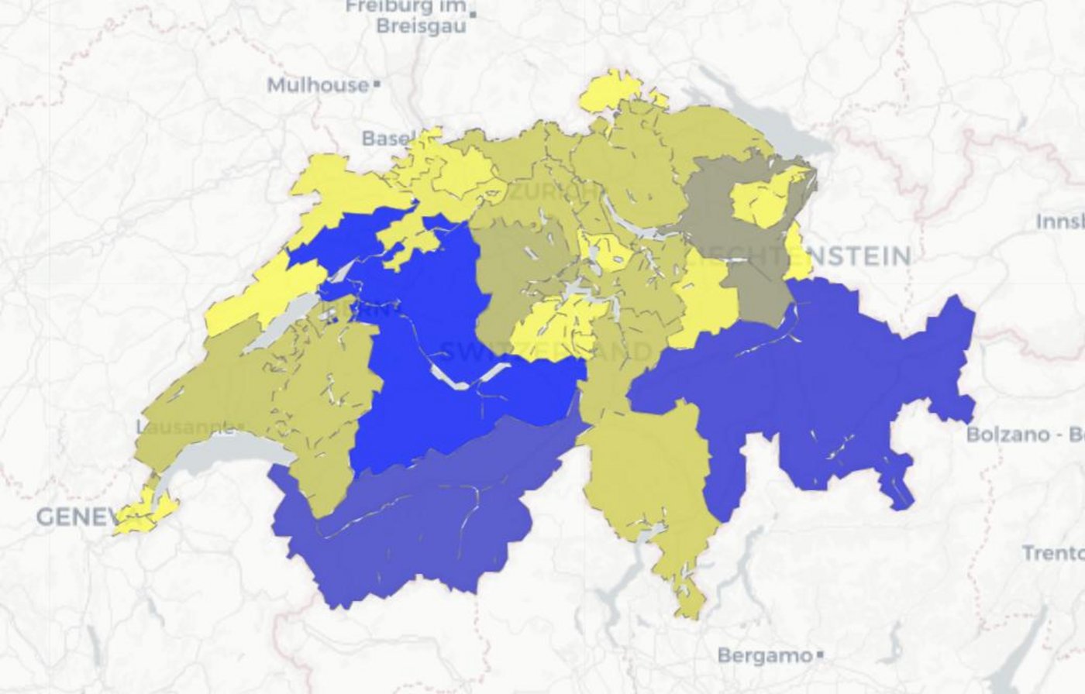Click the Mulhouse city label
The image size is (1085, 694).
(x=318, y=84)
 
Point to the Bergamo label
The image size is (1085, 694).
(x=764, y=655)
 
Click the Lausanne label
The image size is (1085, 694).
(x=184, y=427)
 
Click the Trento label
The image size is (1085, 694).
(x=1052, y=553)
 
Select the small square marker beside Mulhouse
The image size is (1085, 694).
(x=377, y=83)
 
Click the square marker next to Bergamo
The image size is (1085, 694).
(x=820, y=655)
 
